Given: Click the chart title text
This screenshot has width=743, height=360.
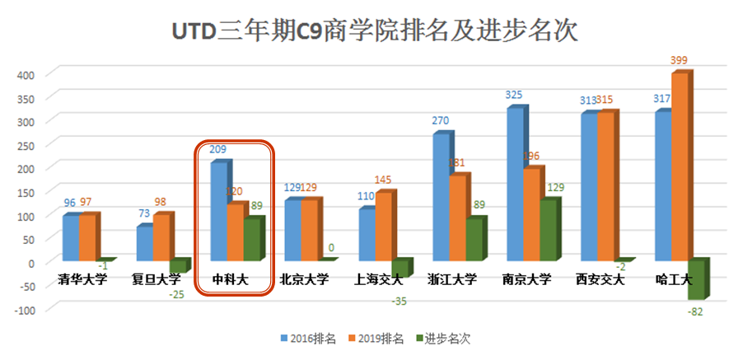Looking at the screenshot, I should click(x=372, y=31).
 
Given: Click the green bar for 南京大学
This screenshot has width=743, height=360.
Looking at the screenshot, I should click(x=547, y=231).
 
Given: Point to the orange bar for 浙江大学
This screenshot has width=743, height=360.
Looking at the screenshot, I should click(x=457, y=219).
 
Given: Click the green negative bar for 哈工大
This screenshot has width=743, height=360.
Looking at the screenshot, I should click(x=695, y=280).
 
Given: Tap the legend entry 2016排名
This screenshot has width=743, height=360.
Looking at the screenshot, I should click(x=308, y=339).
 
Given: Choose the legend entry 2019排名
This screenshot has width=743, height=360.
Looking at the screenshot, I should click(x=378, y=339).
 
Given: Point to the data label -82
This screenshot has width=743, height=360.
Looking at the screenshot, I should click(x=695, y=311).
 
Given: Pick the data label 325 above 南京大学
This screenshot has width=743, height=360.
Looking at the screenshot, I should click(x=513, y=96).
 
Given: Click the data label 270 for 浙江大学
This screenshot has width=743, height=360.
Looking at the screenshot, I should click(x=441, y=121).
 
